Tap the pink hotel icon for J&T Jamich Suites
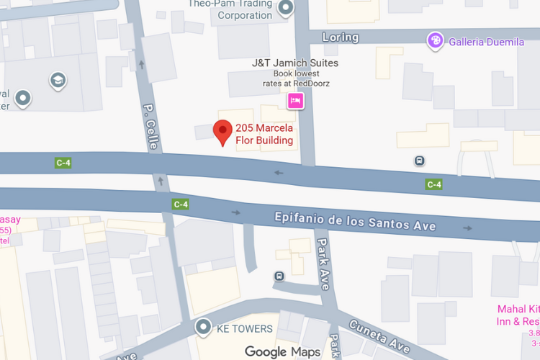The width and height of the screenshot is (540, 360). (x=295, y=102)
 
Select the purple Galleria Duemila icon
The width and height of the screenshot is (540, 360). (x=434, y=41)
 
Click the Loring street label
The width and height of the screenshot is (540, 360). (x=340, y=37)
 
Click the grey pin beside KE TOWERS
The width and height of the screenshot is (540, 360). (x=204, y=328)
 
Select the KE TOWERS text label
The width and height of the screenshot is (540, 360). (x=245, y=329)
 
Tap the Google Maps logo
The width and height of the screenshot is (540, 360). (x=282, y=351)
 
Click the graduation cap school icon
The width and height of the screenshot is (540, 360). (x=57, y=81)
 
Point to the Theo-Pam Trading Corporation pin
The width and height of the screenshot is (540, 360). (x=287, y=9)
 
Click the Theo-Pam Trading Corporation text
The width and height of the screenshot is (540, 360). (x=230, y=9)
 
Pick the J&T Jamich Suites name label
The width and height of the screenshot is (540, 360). (x=295, y=63)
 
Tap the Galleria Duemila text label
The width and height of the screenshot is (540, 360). (x=487, y=42)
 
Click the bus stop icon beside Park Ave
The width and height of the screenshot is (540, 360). (x=279, y=276)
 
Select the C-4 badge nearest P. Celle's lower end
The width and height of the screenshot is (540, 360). (x=180, y=204)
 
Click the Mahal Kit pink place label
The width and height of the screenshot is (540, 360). (x=518, y=315)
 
